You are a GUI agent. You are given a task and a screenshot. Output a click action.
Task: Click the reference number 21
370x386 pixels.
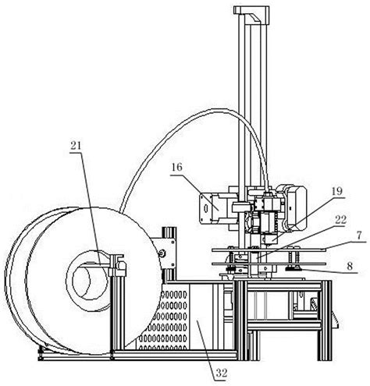point(76,146)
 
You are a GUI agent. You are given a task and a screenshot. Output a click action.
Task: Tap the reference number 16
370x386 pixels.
point(176,167)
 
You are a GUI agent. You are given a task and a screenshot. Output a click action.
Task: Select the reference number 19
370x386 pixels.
point(336,192)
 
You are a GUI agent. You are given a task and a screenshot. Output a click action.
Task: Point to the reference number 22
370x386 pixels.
point(340,220)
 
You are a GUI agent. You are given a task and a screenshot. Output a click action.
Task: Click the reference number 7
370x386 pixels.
point(359,235)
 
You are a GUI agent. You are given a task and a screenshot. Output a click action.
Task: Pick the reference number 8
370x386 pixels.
point(350,266)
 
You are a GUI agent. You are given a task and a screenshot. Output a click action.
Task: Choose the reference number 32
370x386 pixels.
point(222,373)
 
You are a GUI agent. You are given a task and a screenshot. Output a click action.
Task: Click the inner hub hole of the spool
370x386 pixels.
point(89,282)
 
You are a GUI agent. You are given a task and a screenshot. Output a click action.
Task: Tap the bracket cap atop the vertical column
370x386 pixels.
point(251,14)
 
